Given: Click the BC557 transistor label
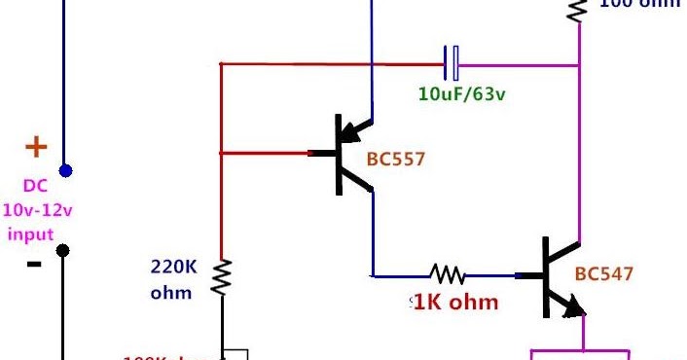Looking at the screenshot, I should coord(396,159).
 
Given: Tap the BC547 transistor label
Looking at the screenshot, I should coord(604,274).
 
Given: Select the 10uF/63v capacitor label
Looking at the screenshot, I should coord(453,96).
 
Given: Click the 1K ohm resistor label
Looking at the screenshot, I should coord(456,302).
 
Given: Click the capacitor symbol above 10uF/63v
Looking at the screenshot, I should coord(451,63).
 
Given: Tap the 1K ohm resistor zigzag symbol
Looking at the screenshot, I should coord(449,274).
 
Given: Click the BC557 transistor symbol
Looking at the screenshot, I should coord(345,154).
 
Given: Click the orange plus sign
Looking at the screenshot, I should coord(35,148).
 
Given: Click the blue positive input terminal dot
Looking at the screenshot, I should coord(65,171).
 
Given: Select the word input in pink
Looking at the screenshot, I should coord(30,234).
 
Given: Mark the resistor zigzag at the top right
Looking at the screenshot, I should coord(578,10).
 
